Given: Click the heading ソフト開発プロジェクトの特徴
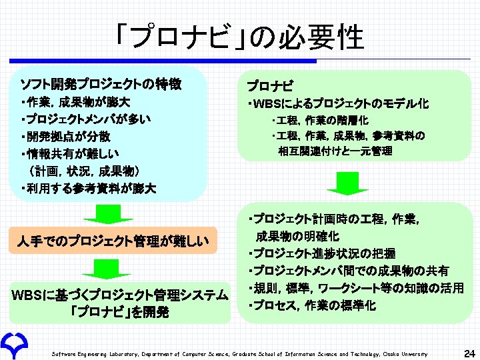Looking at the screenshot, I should click(x=101, y=85).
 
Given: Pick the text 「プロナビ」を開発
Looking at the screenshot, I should click(x=121, y=312).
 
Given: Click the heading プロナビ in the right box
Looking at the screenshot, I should click(x=269, y=87).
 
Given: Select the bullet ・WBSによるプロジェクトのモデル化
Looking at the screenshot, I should click(x=337, y=104).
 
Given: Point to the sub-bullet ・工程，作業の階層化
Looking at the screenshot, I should click(x=320, y=121).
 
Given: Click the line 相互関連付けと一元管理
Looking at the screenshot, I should click(x=335, y=151).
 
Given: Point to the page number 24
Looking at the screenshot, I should click(x=468, y=352).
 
